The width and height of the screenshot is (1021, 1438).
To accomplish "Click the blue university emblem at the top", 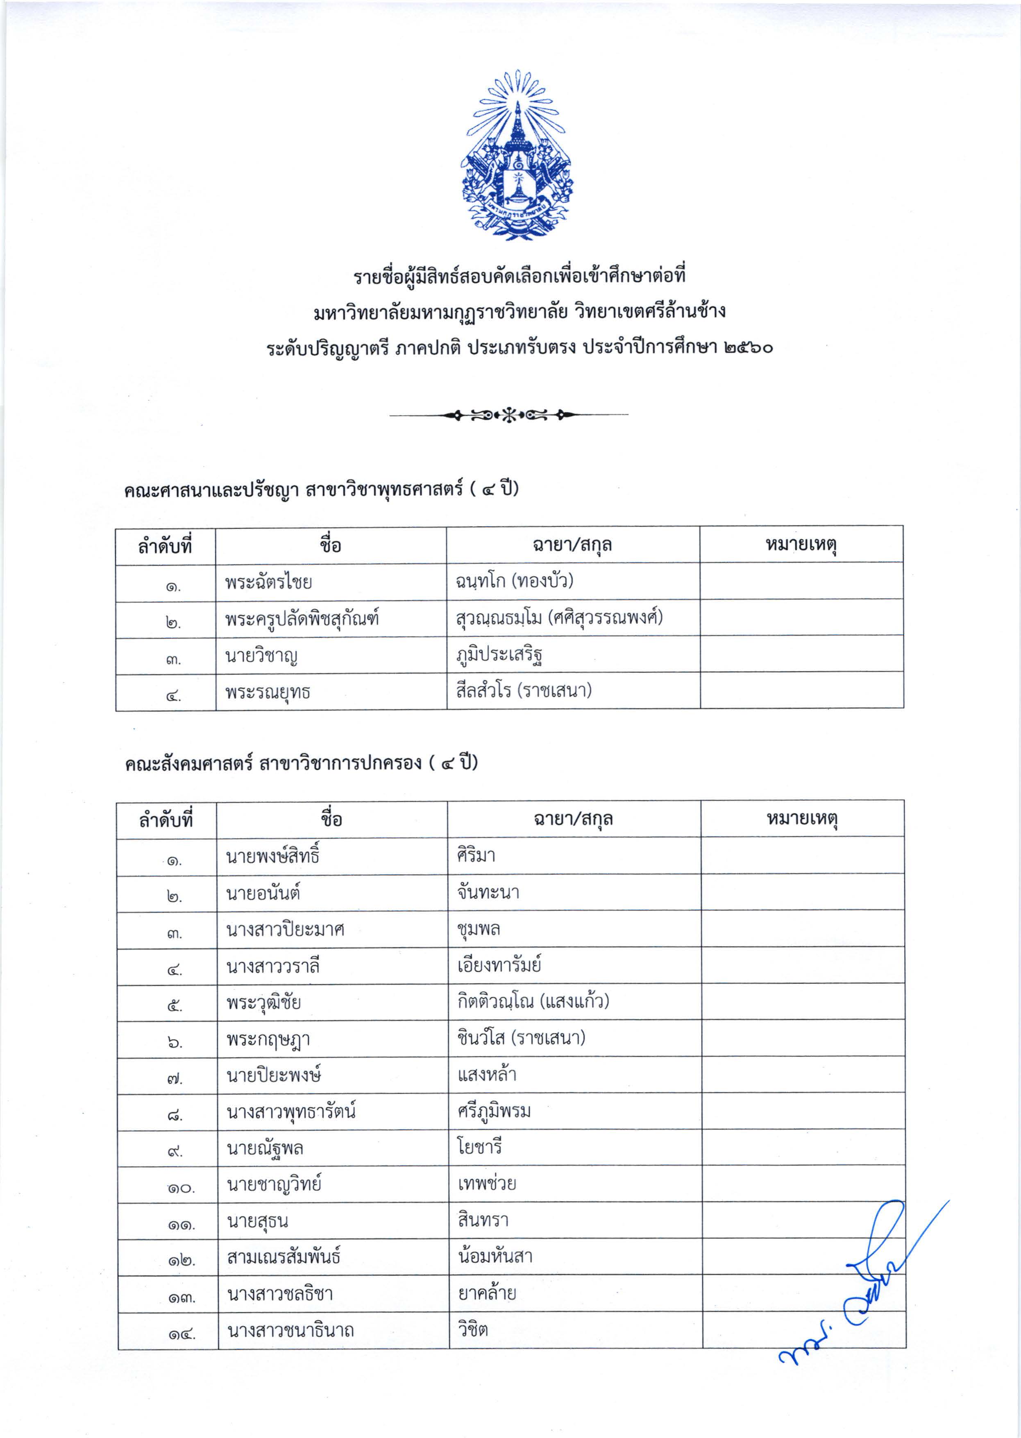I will [517, 156].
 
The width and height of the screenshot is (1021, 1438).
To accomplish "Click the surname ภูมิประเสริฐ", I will [500, 655].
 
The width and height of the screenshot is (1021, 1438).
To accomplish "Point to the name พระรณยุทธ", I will [268, 692].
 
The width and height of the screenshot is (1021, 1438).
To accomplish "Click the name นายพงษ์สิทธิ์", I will [273, 856].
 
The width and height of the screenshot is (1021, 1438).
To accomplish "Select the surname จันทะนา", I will [488, 892].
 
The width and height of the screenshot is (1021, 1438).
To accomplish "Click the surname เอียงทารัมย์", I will [499, 965].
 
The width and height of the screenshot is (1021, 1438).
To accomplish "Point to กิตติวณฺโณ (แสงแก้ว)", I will [533, 1001].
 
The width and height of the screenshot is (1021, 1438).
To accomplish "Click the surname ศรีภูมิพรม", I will [494, 1111].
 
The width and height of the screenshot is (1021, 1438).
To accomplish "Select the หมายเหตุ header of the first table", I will [801, 544].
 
